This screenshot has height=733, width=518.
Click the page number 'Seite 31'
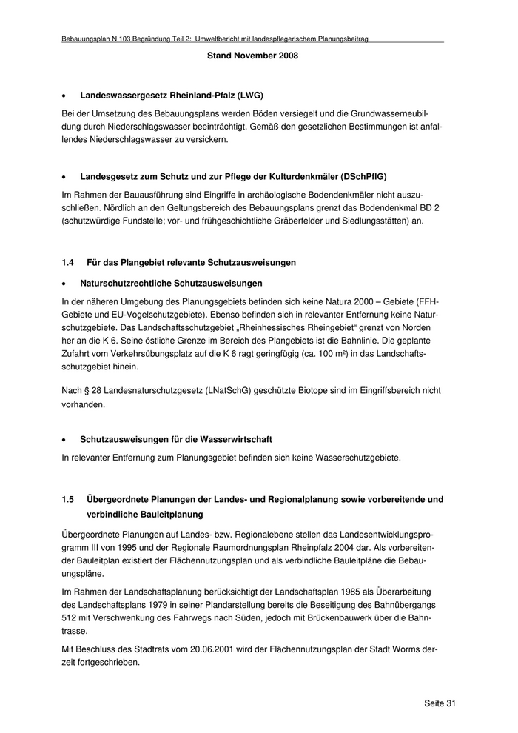click(x=440, y=703)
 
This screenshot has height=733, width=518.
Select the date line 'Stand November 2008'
click(x=253, y=56)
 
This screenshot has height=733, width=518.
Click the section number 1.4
click(x=69, y=263)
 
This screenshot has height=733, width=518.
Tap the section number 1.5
click(x=69, y=500)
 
